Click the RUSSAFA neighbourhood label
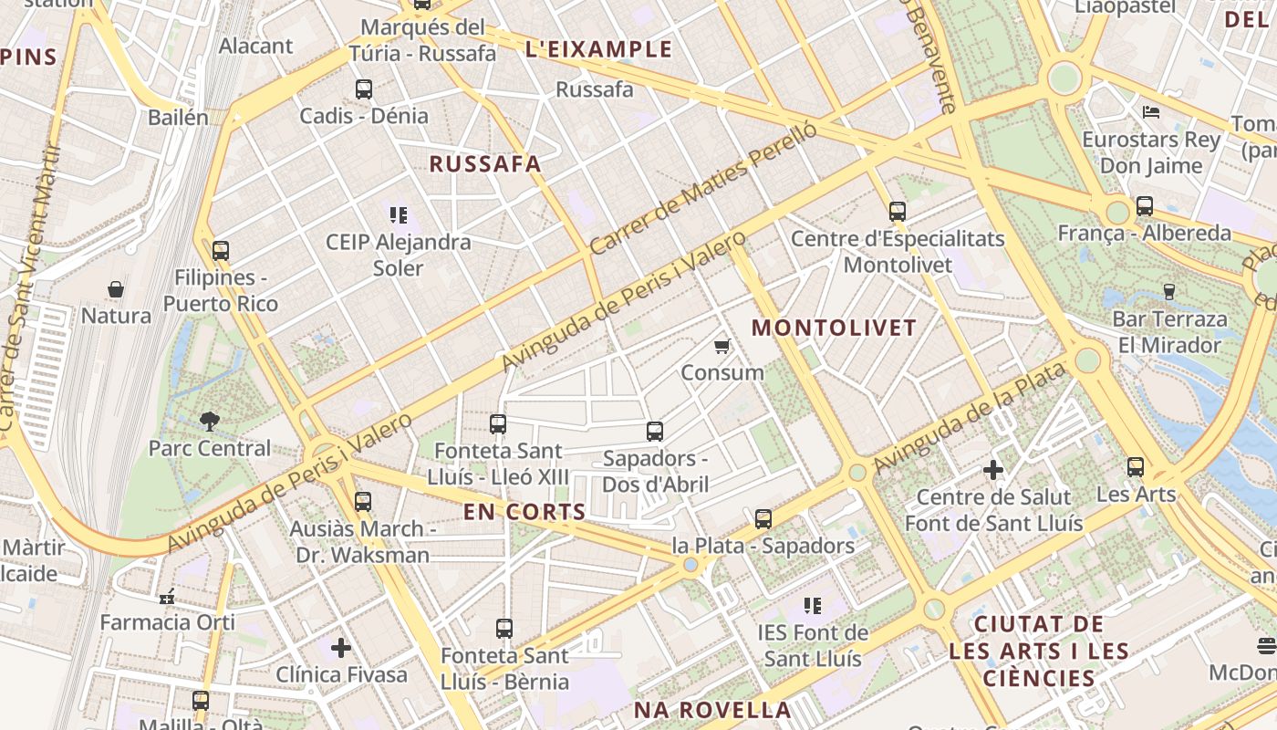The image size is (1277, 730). point(485,164)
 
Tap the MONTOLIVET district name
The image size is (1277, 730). point(834,328)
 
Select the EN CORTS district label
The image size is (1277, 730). point(524,512)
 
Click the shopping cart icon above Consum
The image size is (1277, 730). point(722,346)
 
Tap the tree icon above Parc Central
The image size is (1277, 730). point(210,421)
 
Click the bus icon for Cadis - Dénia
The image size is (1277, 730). point(364,89)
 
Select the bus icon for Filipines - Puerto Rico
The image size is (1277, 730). point(220,251)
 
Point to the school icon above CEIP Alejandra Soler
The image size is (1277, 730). point(399,215)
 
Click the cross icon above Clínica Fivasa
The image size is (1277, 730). point(341,648)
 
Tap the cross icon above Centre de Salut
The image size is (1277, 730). point(993,471)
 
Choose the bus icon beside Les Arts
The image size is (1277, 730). point(1136,467)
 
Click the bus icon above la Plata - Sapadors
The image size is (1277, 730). point(763,519)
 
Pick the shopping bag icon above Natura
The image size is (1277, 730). point(116,289)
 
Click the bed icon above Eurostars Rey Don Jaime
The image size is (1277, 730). point(1151,112)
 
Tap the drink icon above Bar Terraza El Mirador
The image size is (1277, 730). point(1169,292)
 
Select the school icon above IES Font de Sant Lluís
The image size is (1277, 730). point(813,605)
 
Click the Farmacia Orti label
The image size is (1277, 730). point(168,622)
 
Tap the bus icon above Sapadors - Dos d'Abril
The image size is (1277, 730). point(655,432)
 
